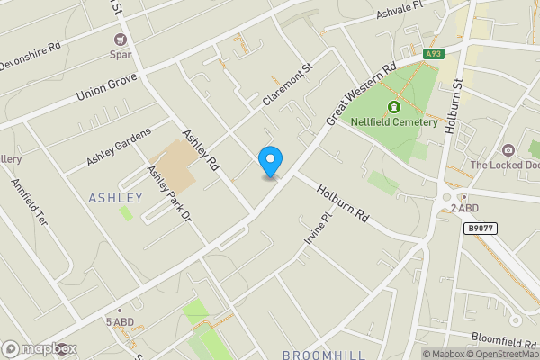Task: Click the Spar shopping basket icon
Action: point(121,40)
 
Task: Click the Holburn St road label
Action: point(453,106)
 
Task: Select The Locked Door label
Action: point(505,165)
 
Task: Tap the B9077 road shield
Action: point(480,229)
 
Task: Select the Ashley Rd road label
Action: point(201,149)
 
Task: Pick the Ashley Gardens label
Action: point(121,147)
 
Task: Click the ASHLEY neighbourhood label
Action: point(115,197)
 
